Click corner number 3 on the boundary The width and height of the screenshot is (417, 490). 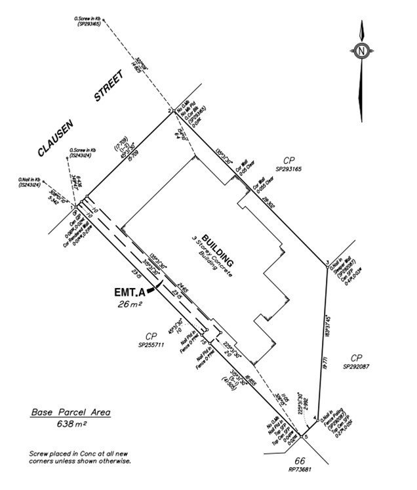327,264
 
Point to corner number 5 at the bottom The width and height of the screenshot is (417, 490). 306,436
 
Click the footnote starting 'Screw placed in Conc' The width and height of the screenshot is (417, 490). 80,457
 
